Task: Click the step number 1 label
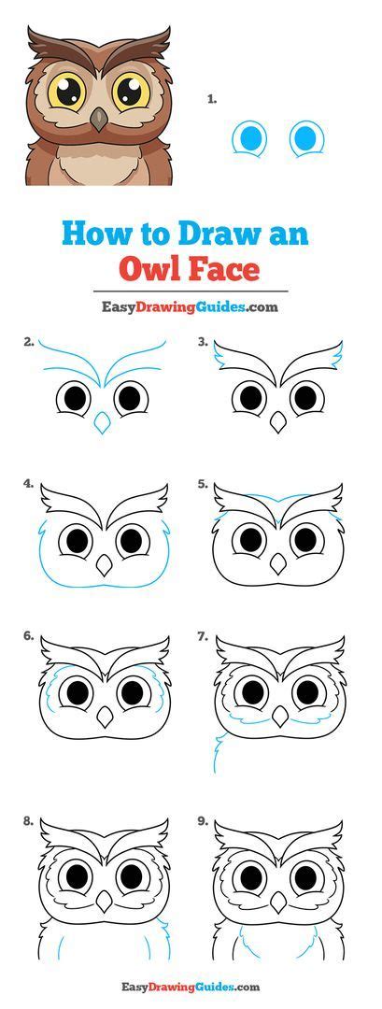click(x=212, y=97)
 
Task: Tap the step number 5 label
click(x=202, y=484)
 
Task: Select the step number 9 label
click(x=202, y=821)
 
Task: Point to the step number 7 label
click(x=202, y=636)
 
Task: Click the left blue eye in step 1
click(x=249, y=139)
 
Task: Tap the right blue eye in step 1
click(x=304, y=139)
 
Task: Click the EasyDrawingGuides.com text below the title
click(x=191, y=306)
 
